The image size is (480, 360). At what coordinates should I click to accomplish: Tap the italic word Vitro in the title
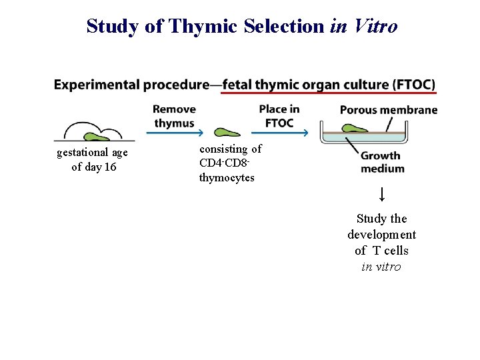click(x=376, y=26)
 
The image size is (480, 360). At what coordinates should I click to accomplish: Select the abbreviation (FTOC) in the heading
click(x=414, y=85)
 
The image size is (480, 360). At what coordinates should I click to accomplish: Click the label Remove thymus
click(x=174, y=116)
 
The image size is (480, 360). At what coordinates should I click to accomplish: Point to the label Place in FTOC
click(x=279, y=116)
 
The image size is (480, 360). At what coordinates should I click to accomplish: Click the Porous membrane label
click(x=388, y=110)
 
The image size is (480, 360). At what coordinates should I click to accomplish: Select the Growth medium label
click(x=382, y=162)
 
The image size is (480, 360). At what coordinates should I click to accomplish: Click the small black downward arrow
click(x=381, y=195)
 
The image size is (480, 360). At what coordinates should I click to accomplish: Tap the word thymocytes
click(x=227, y=178)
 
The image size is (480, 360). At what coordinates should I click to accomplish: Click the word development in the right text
click(x=381, y=235)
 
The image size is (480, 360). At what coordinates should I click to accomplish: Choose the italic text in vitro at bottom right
click(x=381, y=267)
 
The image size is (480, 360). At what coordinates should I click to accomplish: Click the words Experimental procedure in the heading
click(x=131, y=85)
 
